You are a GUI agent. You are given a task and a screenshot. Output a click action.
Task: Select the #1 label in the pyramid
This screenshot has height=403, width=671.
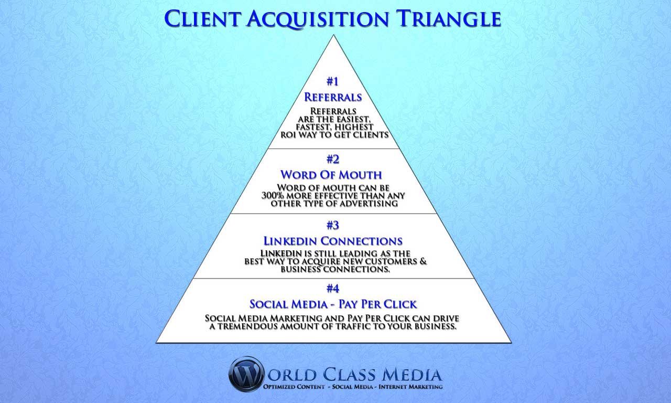pos(333,81)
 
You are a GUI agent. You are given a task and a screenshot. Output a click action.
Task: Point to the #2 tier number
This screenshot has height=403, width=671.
pos(333,160)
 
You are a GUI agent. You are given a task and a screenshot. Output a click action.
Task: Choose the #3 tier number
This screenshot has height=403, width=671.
pos(333,225)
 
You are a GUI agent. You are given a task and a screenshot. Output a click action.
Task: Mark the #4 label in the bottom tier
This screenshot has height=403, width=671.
pos(333,288)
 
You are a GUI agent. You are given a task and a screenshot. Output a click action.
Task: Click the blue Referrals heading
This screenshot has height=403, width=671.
pos(333,97)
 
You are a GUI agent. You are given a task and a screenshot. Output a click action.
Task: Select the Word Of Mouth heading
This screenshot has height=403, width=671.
pos(333,174)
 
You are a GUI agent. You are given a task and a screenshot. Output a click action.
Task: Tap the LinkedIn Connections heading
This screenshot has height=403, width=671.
pos(333,241)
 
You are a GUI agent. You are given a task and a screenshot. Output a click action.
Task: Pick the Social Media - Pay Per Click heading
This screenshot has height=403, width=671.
pos(333,304)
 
